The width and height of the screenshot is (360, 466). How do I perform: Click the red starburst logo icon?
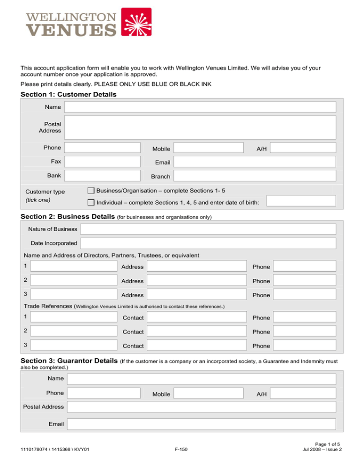136,22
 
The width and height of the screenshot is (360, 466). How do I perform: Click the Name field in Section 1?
200,107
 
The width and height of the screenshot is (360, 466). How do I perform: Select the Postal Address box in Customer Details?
200,127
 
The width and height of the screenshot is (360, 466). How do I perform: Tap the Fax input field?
103,161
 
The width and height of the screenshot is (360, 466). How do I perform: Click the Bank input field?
103,175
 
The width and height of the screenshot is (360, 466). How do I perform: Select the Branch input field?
255,176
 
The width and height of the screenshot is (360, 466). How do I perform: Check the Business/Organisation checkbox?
91,191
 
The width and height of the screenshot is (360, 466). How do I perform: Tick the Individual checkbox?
91,203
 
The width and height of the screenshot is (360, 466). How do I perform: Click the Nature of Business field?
208,229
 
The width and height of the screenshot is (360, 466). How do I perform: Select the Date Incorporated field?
208,243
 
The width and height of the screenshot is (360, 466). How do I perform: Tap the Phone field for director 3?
305,294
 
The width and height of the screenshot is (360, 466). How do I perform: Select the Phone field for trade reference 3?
305,345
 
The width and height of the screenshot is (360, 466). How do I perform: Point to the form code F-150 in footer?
180,451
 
